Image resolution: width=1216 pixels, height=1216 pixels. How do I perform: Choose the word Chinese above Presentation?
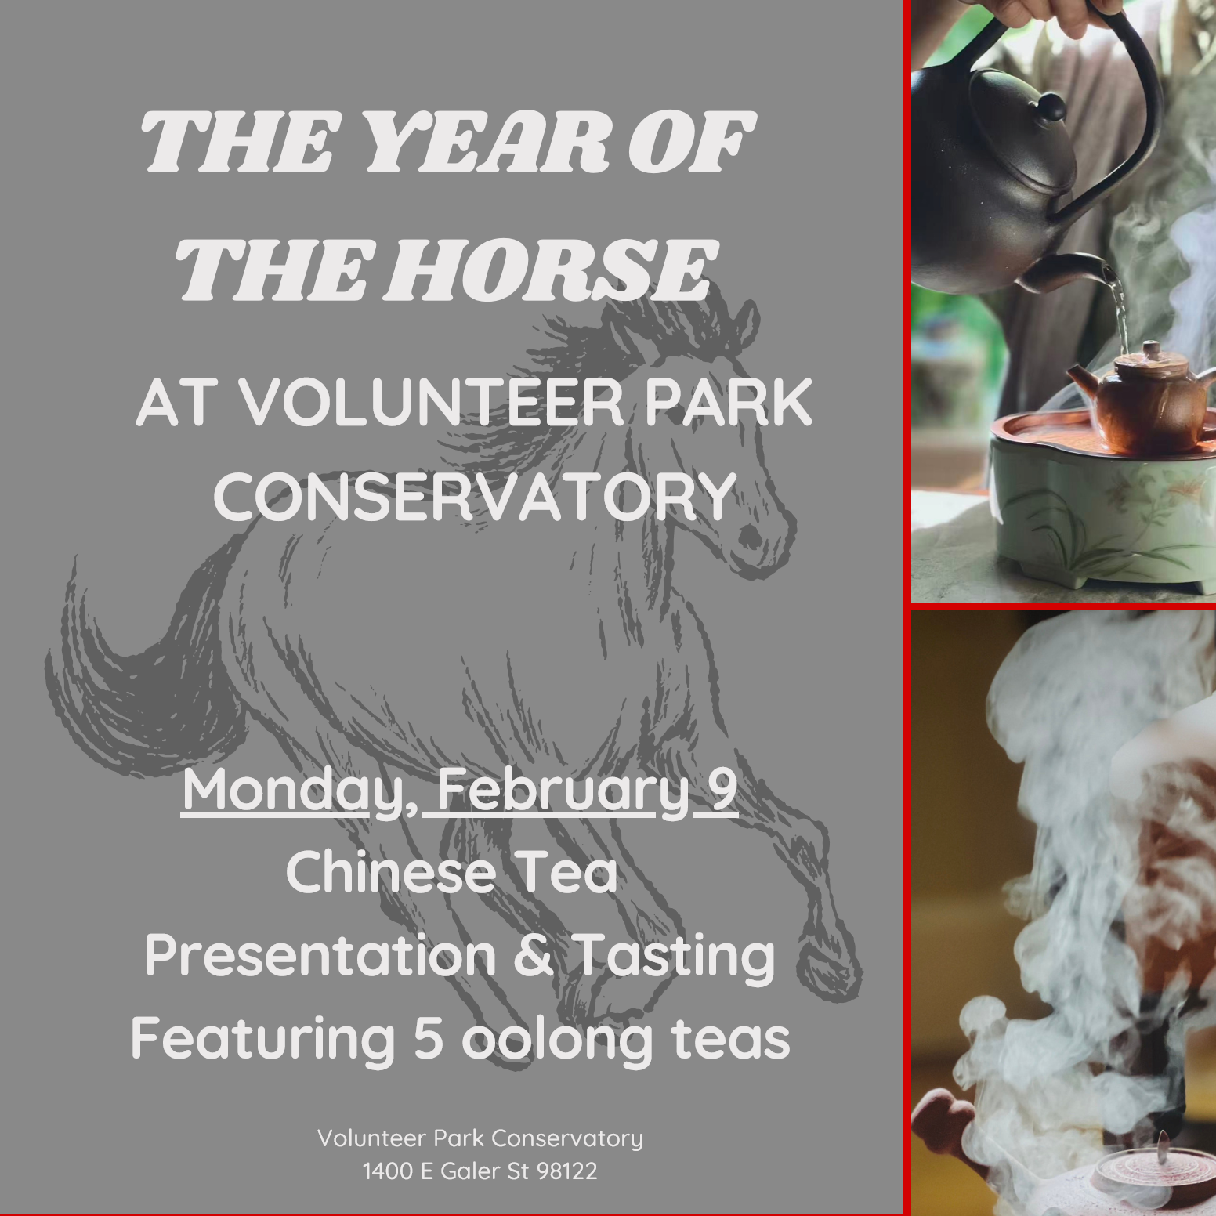[x=390, y=873]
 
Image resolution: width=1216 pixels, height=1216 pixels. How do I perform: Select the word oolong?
[x=556, y=1040]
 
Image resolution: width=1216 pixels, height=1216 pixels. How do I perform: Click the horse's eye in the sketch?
[x=750, y=535]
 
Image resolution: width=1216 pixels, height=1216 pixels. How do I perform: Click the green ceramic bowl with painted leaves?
[x=1097, y=517]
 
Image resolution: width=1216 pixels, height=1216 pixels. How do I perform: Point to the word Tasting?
[x=674, y=957]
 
